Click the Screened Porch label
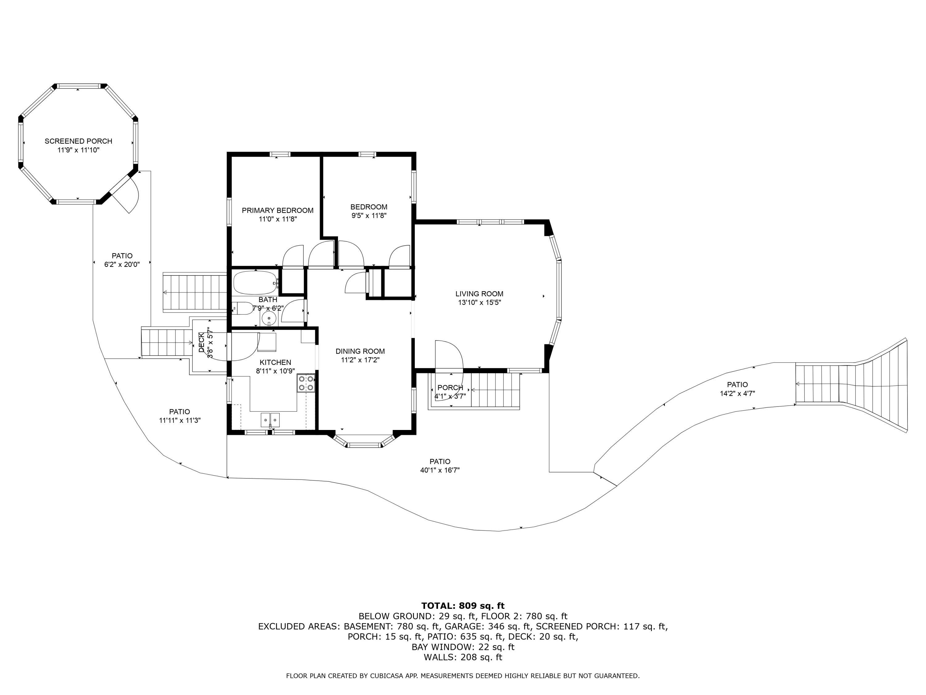tap(78, 141)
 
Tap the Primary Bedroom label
tap(277, 210)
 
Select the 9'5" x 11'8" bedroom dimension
tap(369, 216)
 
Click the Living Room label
tap(479, 294)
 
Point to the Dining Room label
tap(360, 351)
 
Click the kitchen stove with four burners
tap(306, 383)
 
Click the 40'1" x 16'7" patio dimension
tap(440, 470)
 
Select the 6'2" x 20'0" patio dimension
tap(122, 264)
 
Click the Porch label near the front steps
tap(450, 388)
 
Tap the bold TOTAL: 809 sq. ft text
tap(463, 605)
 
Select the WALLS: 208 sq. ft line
tap(463, 657)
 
